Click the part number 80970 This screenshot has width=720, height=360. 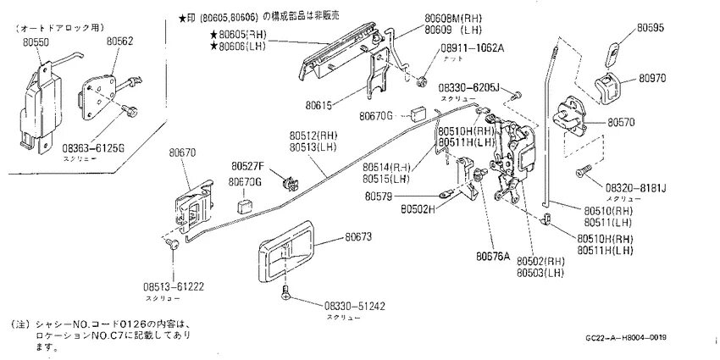[652, 76]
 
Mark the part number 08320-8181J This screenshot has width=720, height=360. [636, 187]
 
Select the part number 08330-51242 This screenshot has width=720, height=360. [355, 305]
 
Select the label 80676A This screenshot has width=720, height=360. [495, 256]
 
